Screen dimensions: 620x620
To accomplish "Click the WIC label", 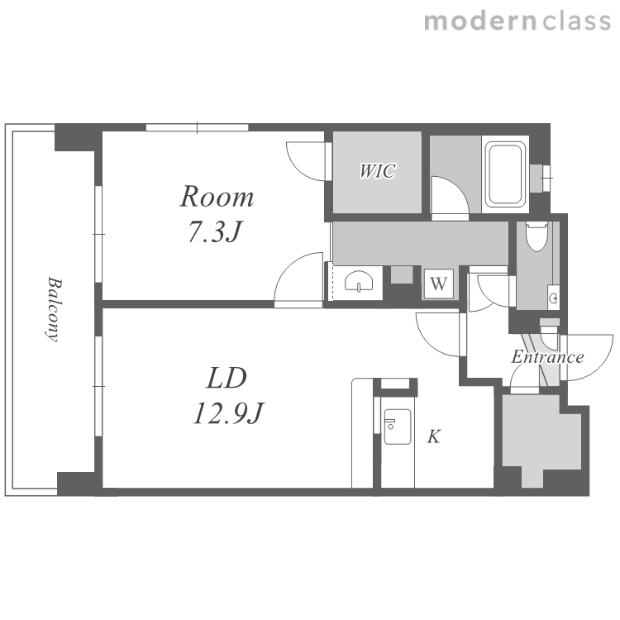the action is point(377,171).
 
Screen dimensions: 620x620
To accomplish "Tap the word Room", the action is point(217,197).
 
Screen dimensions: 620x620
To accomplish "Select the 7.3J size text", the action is point(215,231).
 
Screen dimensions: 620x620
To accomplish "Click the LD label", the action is point(227,378).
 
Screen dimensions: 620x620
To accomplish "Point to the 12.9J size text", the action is point(228,413).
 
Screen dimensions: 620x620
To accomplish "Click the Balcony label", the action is point(54,309).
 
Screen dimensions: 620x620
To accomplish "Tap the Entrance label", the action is point(547,357).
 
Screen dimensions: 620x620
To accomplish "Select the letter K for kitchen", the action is point(434,437).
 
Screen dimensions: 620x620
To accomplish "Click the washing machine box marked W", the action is point(438,284).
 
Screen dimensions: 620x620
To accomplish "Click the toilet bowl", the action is point(537,236).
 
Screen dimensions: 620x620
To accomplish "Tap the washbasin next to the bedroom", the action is point(359,282).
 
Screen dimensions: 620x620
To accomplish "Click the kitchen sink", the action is point(398,427).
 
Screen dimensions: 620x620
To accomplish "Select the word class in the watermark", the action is point(576,21).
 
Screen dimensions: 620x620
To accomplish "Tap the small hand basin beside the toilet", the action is point(554,298).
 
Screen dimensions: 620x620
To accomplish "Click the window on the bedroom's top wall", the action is point(198,127).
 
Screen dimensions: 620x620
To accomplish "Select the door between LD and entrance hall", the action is point(438,335).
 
